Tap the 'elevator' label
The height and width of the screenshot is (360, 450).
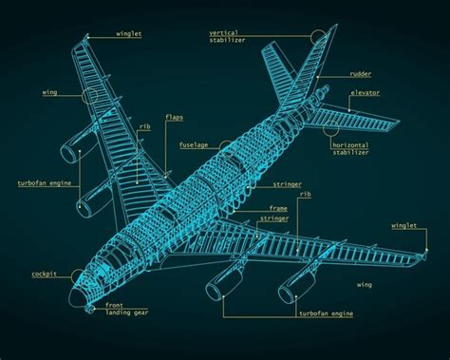366,92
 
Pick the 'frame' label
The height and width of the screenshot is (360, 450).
277,207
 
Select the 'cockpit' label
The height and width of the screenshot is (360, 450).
45,274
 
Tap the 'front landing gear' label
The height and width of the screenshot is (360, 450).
125,310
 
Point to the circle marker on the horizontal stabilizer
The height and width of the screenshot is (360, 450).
330,123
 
